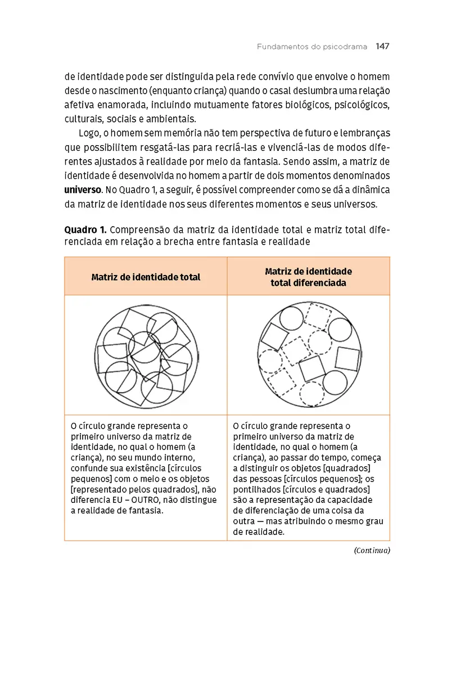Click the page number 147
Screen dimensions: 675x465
[382, 47]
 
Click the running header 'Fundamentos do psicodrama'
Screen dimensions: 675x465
[313, 47]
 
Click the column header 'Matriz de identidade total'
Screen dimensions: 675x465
[146, 277]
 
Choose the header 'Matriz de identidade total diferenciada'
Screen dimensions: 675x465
[308, 277]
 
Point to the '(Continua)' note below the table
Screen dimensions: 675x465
[372, 551]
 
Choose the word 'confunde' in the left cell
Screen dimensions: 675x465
[89, 469]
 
